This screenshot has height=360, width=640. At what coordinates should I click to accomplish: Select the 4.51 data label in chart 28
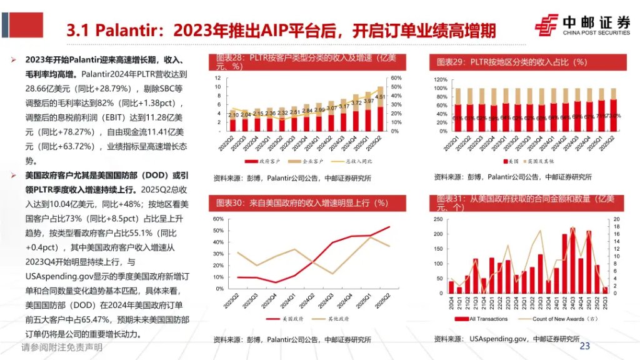(381, 97)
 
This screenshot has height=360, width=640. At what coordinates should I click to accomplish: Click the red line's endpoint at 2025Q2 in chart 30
(389, 227)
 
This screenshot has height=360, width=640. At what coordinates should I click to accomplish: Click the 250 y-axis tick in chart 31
(441, 219)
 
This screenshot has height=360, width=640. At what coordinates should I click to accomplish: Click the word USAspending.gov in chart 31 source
(497, 339)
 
